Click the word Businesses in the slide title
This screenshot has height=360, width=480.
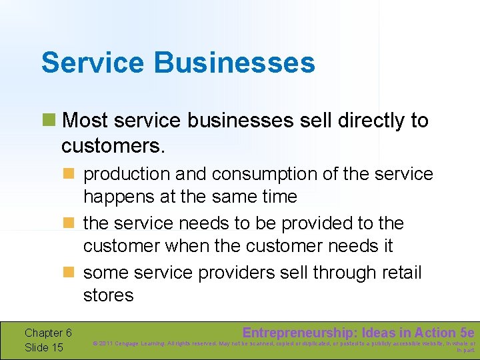coord(235,63)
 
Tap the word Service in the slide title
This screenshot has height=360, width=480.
coord(93,63)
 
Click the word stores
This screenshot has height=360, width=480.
coord(109,295)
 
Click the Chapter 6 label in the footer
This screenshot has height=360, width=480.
coord(48,333)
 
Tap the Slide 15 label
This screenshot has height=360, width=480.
coord(44,347)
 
